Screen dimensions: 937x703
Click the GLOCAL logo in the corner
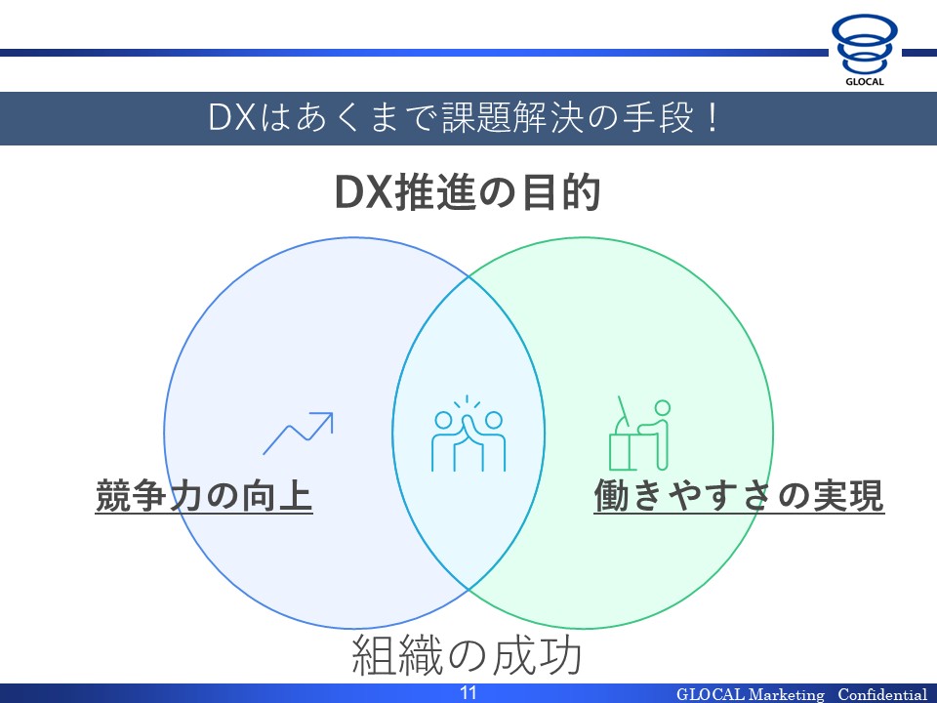864,50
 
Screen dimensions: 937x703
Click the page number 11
468,693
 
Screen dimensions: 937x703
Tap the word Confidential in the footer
882,694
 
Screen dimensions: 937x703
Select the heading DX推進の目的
468,192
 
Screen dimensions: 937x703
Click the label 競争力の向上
204,496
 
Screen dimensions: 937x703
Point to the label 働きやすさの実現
739,496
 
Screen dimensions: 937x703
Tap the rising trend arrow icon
298,433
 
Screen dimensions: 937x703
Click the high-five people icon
468,434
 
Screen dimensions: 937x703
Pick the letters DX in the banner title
232,118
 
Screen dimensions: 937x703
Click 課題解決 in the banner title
512,118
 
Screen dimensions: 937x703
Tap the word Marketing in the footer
786,694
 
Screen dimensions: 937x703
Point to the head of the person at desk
662,408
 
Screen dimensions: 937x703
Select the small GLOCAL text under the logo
864,82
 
